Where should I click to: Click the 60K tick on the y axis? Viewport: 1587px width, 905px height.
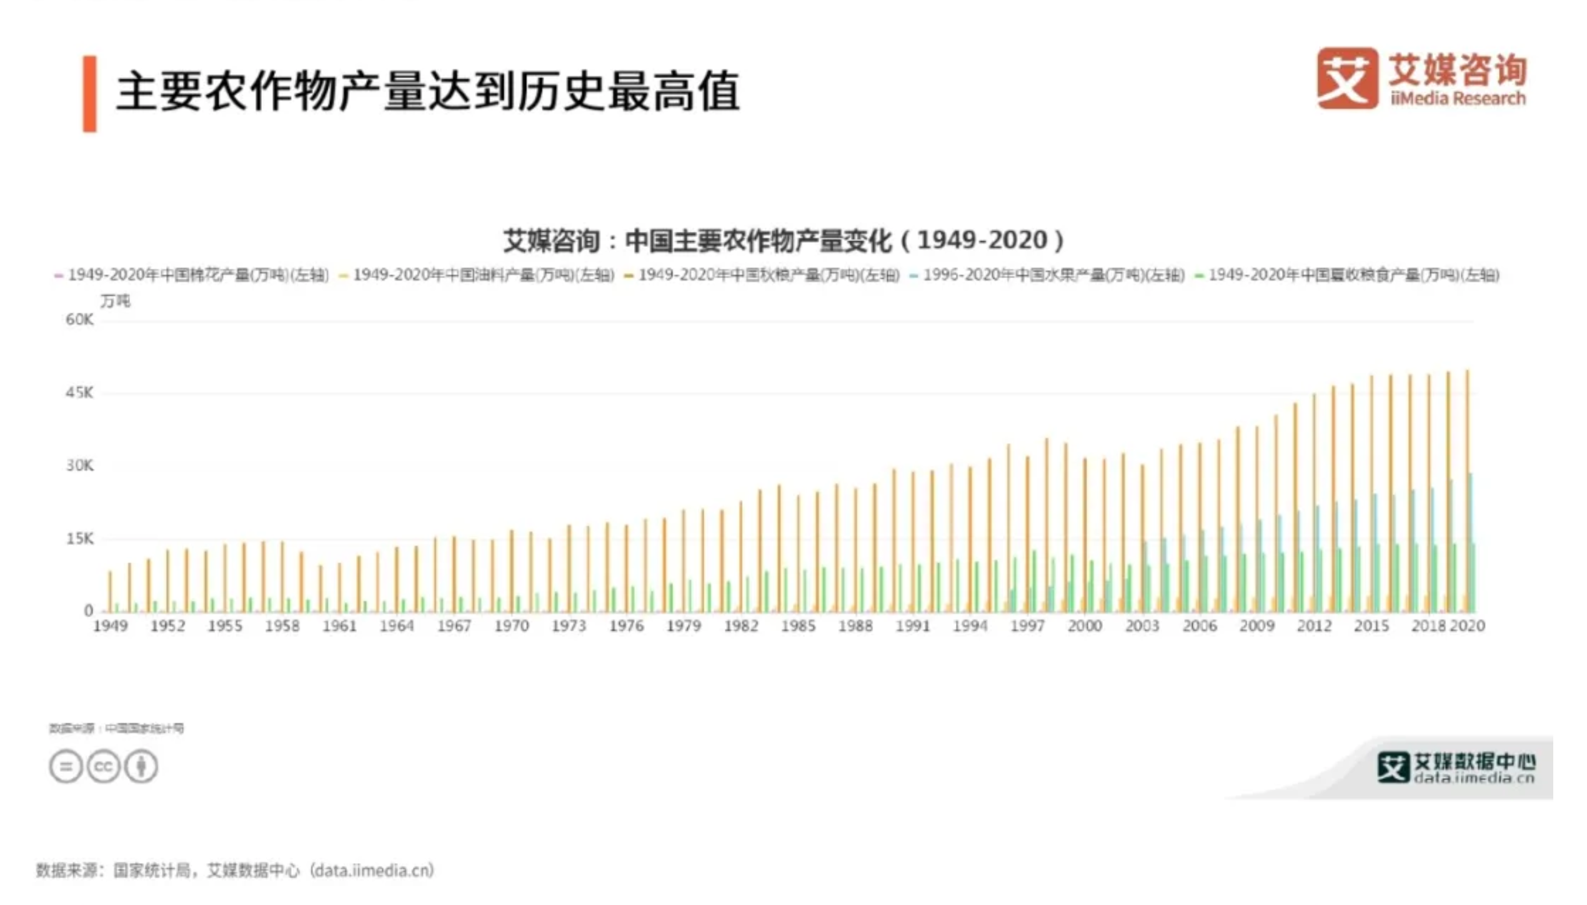tap(79, 320)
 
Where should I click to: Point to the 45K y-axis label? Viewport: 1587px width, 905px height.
tap(79, 393)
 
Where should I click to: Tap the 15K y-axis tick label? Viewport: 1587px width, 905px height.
tap(79, 539)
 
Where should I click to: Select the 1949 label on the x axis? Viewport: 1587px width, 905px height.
tap(111, 626)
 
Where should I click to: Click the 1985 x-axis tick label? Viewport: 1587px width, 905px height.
tap(798, 626)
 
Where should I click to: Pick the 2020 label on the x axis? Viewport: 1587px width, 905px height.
tap(1467, 626)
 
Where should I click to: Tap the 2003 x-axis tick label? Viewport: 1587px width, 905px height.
tap(1142, 626)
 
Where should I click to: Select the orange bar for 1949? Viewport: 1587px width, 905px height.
tap(110, 591)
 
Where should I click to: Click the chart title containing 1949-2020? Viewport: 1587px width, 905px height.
tap(784, 241)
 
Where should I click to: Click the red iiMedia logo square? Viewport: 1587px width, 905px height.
tap(1347, 78)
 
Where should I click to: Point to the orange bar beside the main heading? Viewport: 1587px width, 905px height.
tap(90, 94)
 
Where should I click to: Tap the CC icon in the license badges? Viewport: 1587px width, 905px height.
tap(103, 766)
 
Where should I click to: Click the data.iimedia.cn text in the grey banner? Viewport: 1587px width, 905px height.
tap(1474, 778)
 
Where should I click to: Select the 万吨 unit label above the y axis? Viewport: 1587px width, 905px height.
tap(116, 301)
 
